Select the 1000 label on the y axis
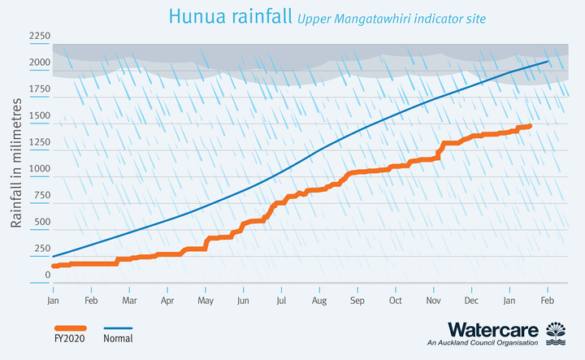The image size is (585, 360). coord(40,170)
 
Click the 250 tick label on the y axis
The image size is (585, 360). coord(42,249)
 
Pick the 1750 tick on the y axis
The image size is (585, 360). coord(40,91)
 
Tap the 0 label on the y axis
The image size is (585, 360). coord(47,275)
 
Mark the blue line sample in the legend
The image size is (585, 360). coord(119,327)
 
